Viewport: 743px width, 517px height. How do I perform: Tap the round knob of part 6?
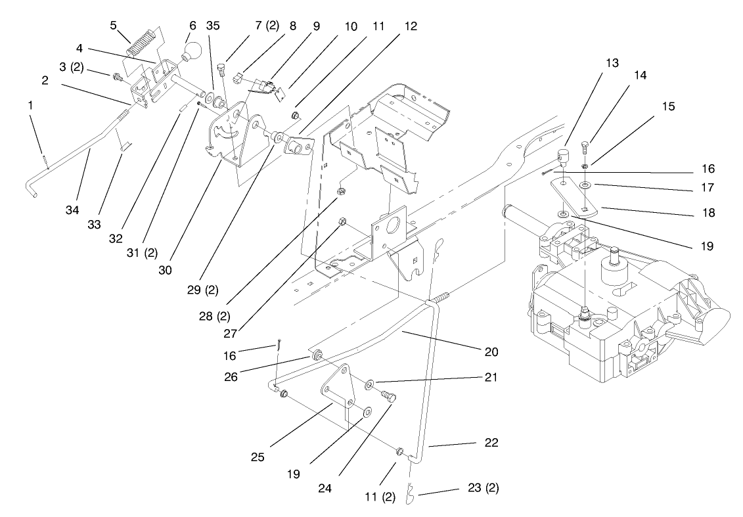(x=194, y=51)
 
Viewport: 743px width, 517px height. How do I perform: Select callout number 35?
(x=212, y=26)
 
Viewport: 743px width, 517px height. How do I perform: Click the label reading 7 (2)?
(x=267, y=26)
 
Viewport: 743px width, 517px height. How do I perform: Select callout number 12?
(x=411, y=26)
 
